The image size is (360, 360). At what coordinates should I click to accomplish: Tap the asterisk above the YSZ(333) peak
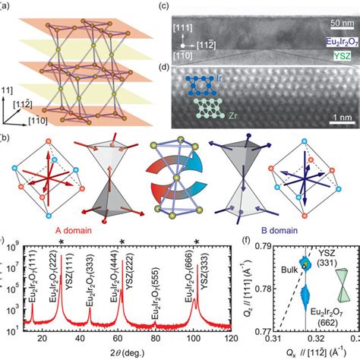tap(197, 243)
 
